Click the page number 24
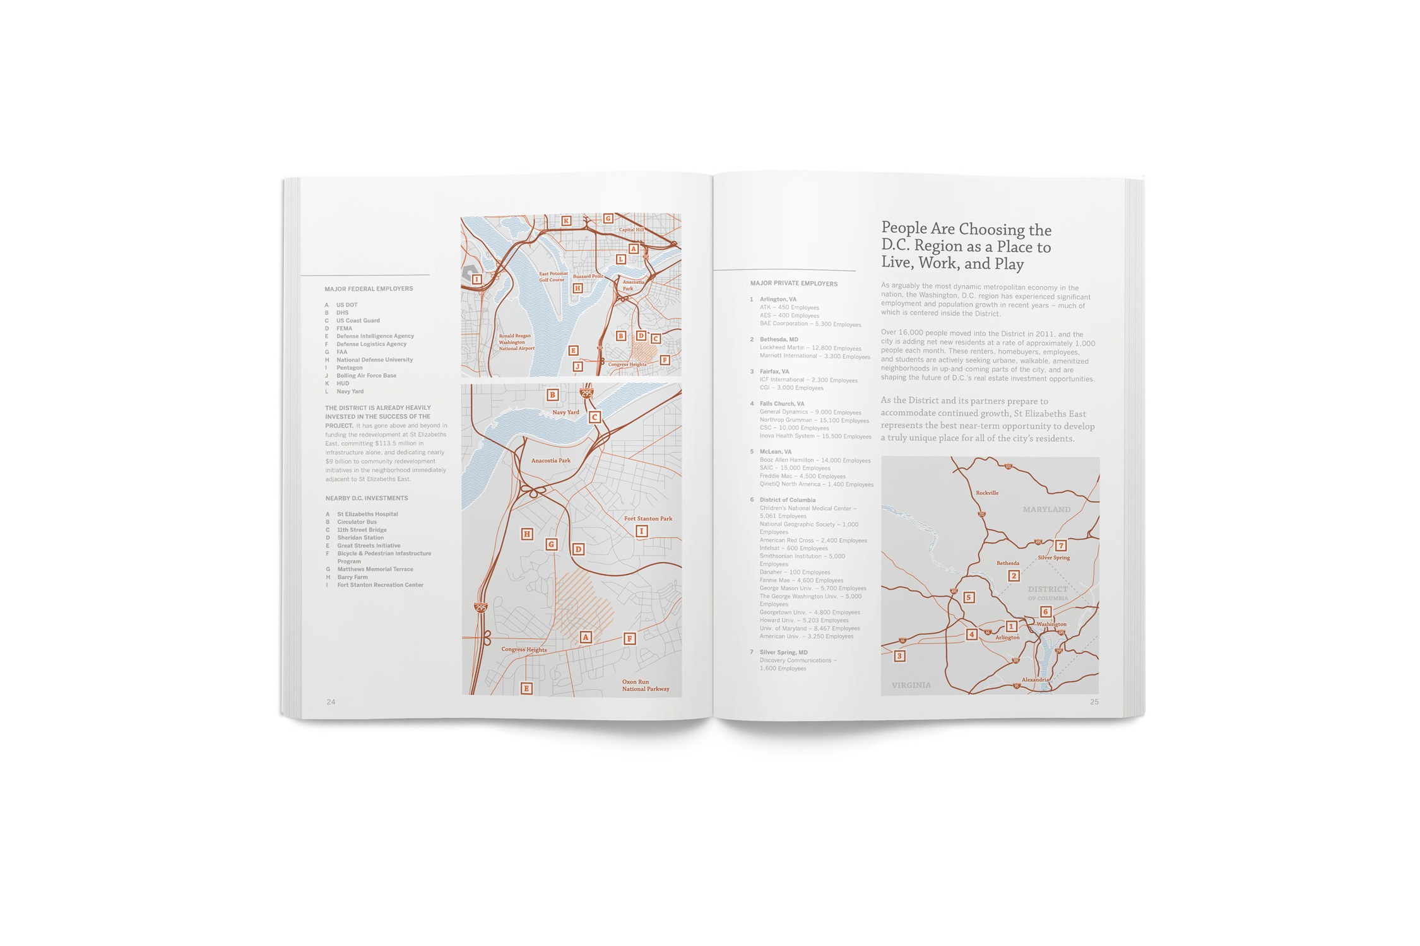[331, 702]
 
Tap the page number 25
[1094, 702]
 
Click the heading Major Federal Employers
[369, 289]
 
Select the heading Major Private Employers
[793, 284]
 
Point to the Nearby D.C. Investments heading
[367, 498]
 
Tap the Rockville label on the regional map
[987, 493]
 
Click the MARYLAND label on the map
[1046, 510]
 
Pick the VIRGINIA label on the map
[911, 685]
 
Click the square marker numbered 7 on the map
[1061, 546]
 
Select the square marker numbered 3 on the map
[900, 656]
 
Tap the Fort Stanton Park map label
[648, 518]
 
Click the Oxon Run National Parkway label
[646, 686]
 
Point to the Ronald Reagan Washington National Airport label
[516, 342]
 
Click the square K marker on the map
[566, 221]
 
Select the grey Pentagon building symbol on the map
[468, 273]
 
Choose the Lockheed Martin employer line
[810, 348]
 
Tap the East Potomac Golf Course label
[553, 277]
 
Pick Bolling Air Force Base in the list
[366, 376]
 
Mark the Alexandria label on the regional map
[1035, 680]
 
